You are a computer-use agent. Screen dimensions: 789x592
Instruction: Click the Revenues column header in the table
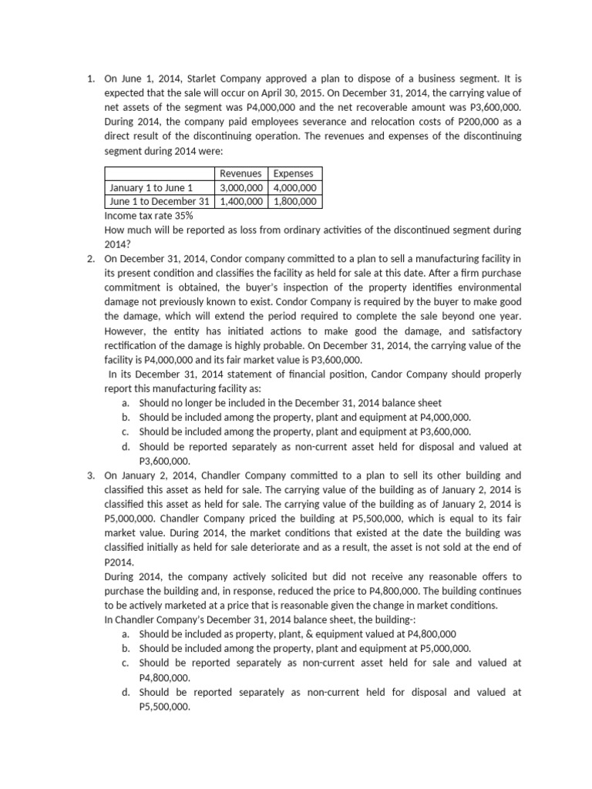[240, 173]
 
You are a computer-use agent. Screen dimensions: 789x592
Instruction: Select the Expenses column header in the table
[293, 173]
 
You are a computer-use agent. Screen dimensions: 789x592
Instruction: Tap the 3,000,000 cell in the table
[240, 187]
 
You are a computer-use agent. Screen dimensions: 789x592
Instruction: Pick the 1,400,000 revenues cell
[240, 201]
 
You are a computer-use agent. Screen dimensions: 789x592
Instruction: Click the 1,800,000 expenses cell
[295, 201]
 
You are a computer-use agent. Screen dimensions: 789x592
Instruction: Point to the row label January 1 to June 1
[150, 187]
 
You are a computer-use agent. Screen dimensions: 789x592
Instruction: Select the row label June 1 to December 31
[160, 201]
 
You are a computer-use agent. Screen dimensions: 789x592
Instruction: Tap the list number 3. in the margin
[92, 475]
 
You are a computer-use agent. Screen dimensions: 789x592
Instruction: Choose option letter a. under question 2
[125, 403]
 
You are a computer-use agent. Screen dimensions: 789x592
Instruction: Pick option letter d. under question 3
[125, 692]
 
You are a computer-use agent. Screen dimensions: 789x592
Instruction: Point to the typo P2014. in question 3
[119, 562]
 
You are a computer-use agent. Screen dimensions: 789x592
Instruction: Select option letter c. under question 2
[125, 432]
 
